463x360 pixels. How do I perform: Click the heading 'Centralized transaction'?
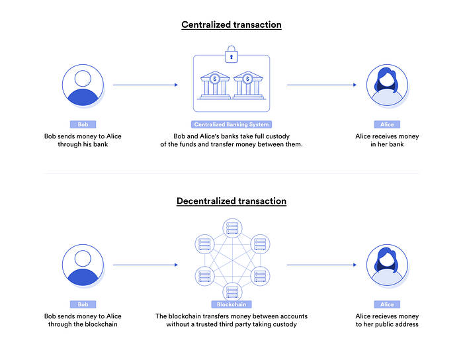[232, 24]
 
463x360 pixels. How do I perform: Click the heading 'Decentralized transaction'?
[232, 201]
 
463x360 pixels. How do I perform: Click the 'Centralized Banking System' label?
[232, 124]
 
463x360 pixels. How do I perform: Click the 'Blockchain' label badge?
[232, 304]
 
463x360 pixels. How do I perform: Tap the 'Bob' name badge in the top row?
[83, 124]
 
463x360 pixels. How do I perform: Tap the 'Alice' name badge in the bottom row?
[387, 304]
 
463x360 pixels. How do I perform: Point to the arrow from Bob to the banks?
[146, 85]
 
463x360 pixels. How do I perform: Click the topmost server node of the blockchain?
[232, 228]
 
